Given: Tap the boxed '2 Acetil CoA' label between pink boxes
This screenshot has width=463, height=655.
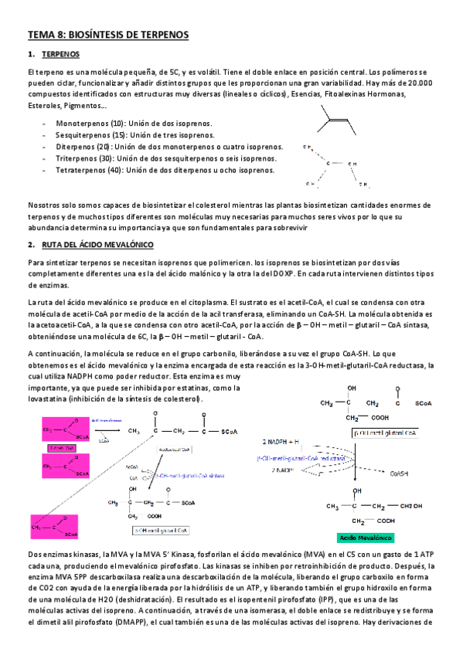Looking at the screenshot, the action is coord(60,447).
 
